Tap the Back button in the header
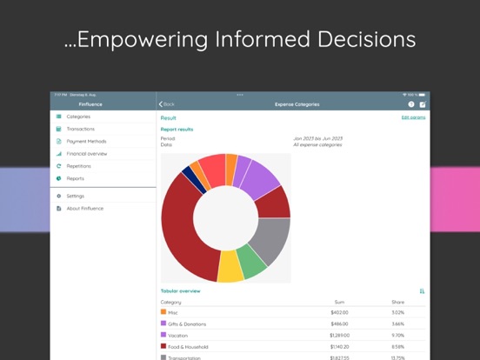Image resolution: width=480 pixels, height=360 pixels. (x=167, y=104)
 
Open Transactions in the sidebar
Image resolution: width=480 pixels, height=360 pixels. (x=80, y=129)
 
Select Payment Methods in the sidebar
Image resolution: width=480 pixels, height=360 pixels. (x=86, y=141)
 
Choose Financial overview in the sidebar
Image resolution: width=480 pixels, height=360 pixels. (x=86, y=153)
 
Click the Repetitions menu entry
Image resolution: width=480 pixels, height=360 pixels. (x=79, y=165)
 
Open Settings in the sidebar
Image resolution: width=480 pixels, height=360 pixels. (x=76, y=196)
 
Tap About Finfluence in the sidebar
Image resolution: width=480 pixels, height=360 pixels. (x=84, y=208)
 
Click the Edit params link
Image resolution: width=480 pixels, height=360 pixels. (x=413, y=117)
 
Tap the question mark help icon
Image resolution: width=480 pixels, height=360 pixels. (x=411, y=104)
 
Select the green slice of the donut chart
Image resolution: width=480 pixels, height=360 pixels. (x=253, y=260)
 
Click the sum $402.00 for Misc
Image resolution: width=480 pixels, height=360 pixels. (x=339, y=312)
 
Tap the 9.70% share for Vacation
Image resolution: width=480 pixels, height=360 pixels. (x=397, y=335)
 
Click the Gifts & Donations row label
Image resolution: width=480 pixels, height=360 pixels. (x=187, y=323)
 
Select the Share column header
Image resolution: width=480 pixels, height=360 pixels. (x=397, y=302)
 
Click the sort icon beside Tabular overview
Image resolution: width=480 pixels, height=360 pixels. (x=422, y=291)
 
